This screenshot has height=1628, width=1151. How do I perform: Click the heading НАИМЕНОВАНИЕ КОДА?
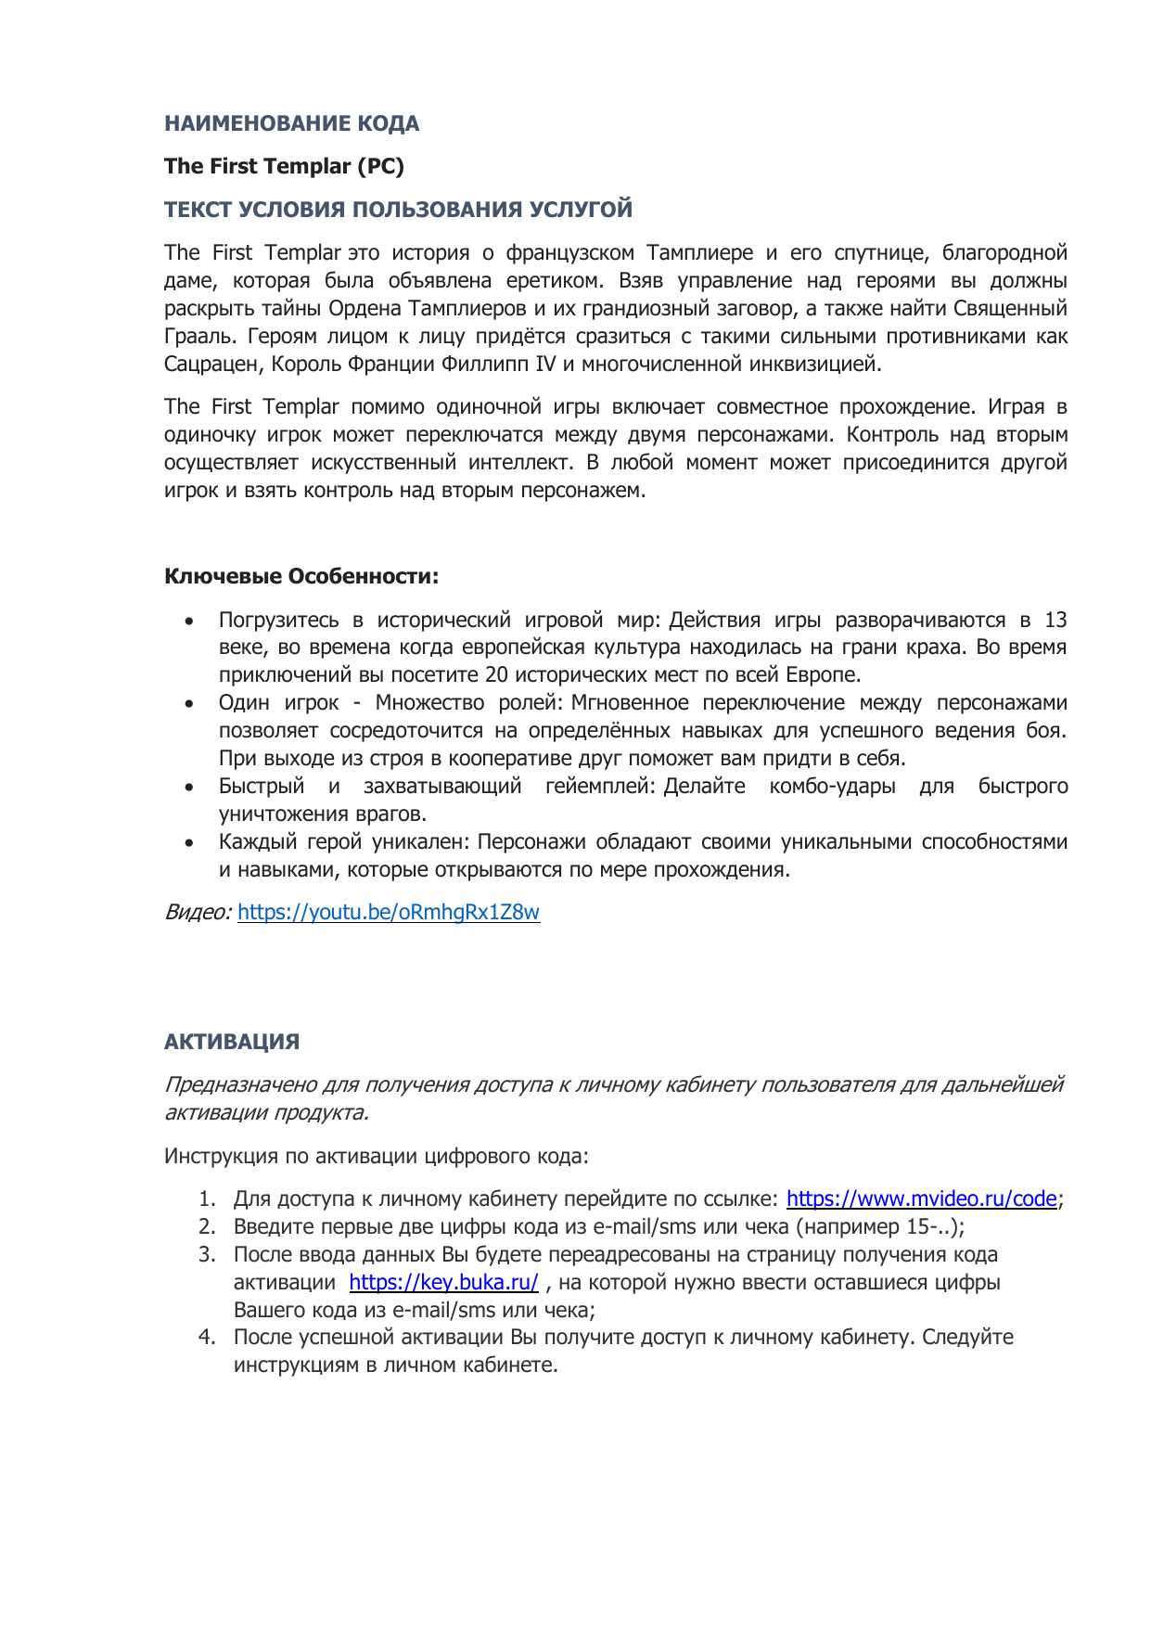click(291, 123)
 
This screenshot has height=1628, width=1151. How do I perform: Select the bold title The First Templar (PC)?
click(284, 166)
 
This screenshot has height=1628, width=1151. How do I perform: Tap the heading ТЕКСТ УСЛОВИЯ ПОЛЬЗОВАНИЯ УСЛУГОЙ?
click(398, 210)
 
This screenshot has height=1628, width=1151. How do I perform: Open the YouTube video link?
click(389, 912)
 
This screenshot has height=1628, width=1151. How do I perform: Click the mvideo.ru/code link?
click(921, 1199)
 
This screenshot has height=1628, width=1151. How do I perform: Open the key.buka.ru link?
click(443, 1282)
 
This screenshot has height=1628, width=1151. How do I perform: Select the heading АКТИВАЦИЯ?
click(232, 1042)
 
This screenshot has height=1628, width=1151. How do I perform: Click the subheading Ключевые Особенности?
click(301, 576)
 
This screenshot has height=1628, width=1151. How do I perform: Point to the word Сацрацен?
click(213, 365)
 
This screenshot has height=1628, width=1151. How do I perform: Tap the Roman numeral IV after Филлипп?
click(545, 365)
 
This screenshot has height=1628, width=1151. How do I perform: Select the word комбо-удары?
click(832, 787)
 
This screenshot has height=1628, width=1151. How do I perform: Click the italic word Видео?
click(198, 912)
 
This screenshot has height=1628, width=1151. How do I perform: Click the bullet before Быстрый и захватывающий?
click(190, 788)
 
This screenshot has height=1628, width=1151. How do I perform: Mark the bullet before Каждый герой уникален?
click(190, 843)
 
